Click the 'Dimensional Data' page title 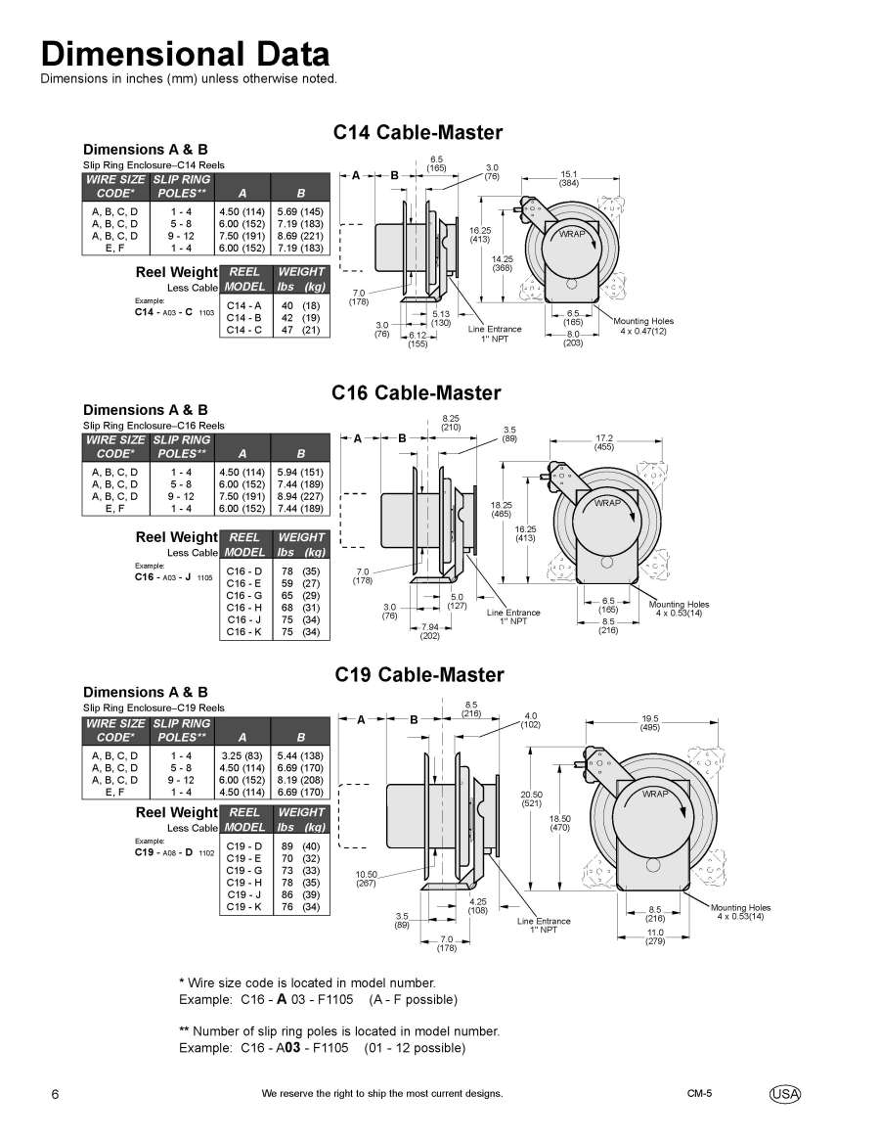click(x=185, y=53)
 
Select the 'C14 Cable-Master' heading click(x=418, y=132)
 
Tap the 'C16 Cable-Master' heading click(x=417, y=393)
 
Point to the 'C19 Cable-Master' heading click(x=418, y=674)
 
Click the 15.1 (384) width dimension click(x=568, y=179)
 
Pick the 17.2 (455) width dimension click(x=604, y=441)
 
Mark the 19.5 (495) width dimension click(x=650, y=722)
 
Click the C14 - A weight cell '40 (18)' click(x=301, y=305)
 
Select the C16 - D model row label click(x=244, y=571)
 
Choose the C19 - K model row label click(x=244, y=907)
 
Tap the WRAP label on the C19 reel click(x=655, y=794)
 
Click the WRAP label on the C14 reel click(x=572, y=235)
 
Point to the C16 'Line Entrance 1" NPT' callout click(x=513, y=616)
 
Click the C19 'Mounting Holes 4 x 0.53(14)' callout click(x=740, y=912)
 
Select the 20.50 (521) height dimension click(x=532, y=798)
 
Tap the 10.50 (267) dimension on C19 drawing click(x=367, y=878)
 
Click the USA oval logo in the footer click(x=784, y=1093)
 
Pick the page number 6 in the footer click(x=55, y=1094)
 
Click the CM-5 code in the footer click(x=699, y=1093)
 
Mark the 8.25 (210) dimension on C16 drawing click(x=451, y=423)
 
